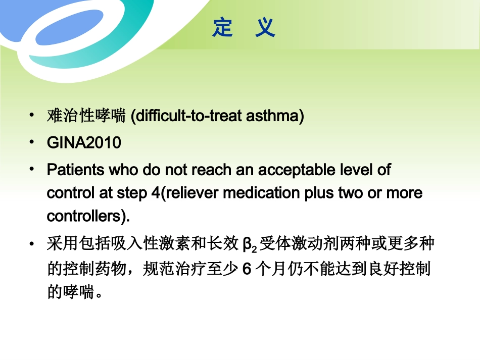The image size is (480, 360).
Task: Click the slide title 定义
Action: (244, 28)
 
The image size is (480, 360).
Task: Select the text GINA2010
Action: (84, 143)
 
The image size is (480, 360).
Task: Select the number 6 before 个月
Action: (247, 269)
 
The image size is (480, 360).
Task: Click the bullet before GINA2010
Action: (32, 143)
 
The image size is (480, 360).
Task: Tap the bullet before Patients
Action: (32, 170)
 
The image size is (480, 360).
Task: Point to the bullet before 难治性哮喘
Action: (32, 116)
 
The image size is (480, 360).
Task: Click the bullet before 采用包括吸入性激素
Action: (32, 244)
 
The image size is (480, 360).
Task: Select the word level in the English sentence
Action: (357, 170)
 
